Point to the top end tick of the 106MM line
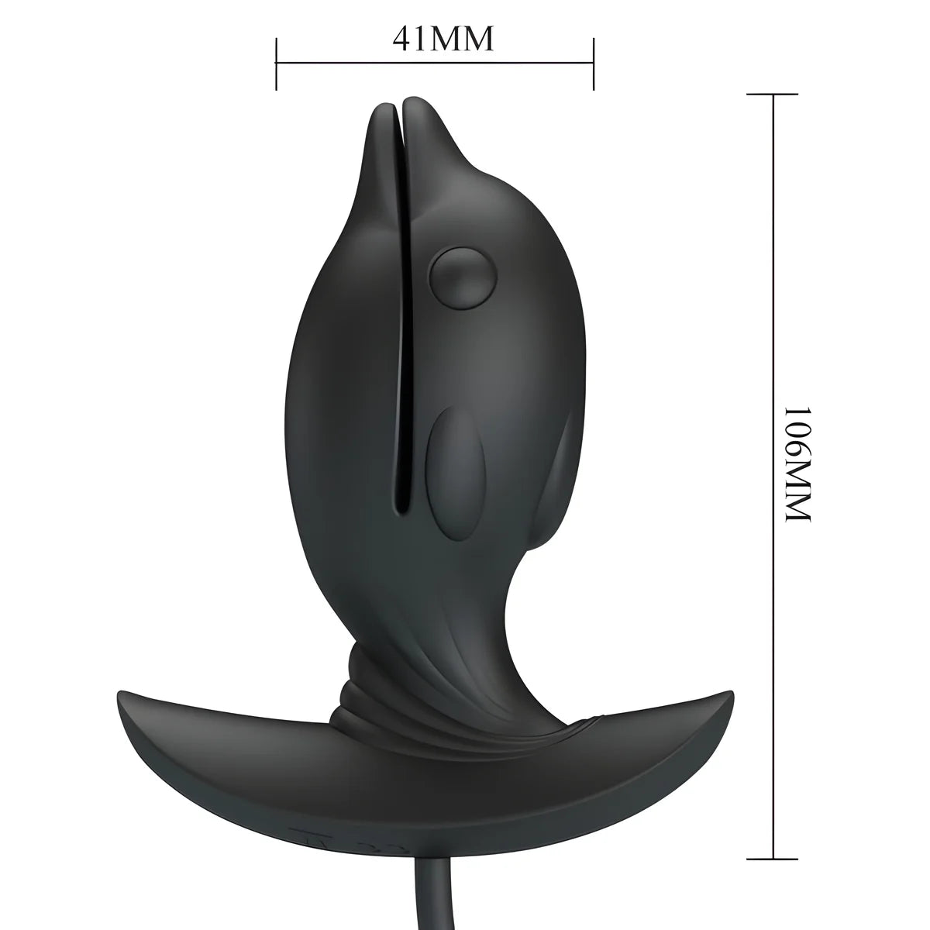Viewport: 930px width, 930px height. click(x=773, y=94)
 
